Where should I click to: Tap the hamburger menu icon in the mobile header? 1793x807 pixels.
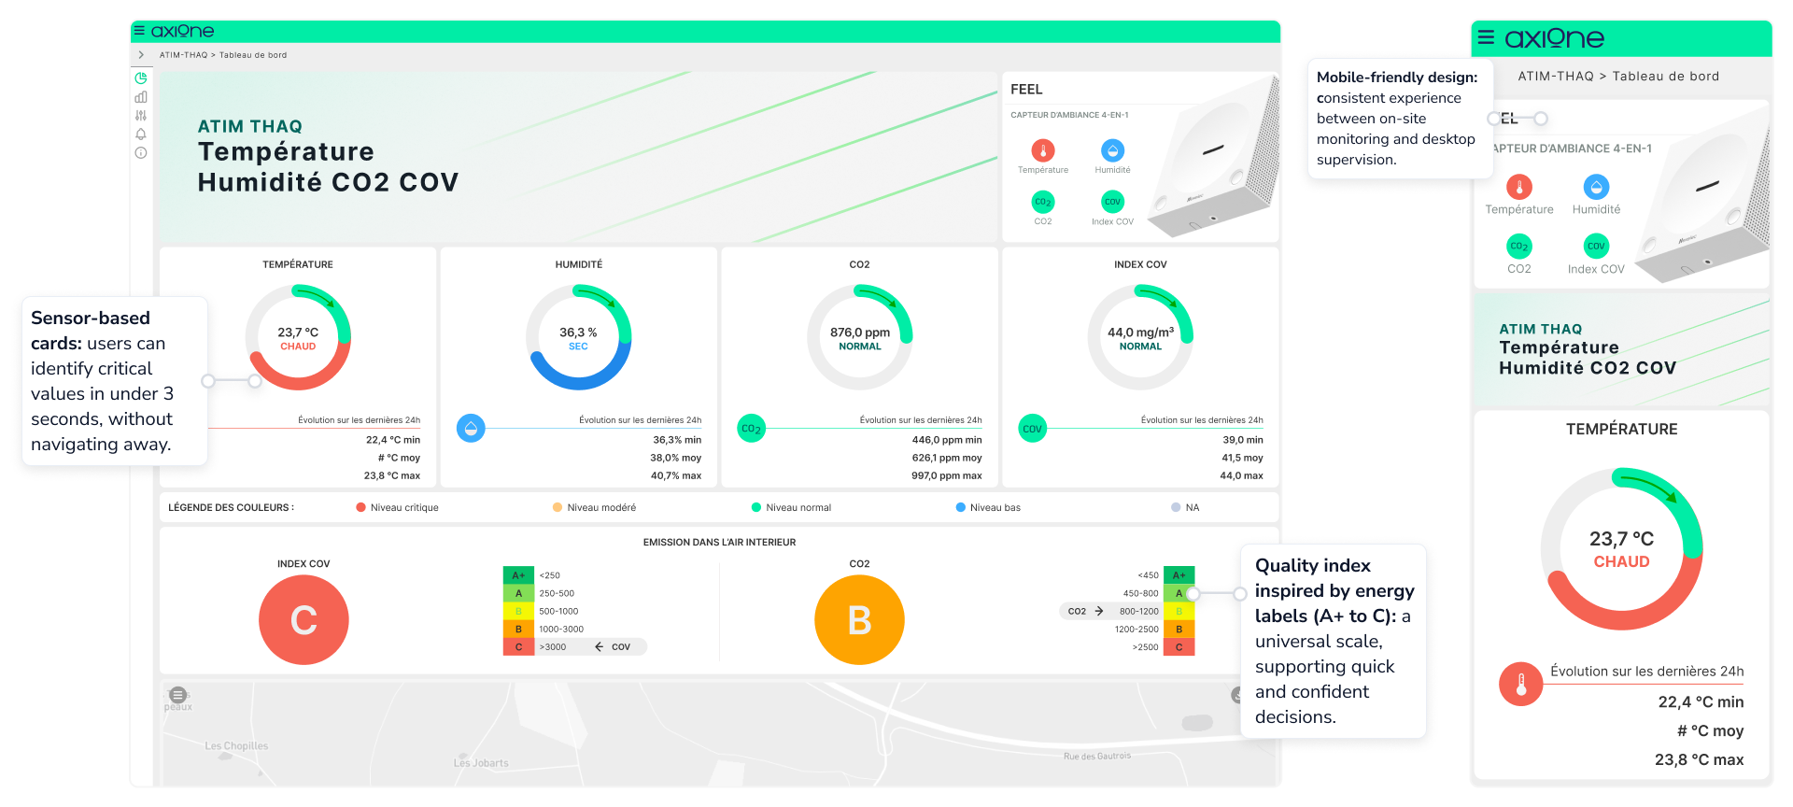tap(1486, 37)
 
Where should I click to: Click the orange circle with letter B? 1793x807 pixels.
tap(859, 620)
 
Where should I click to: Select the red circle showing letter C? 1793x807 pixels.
tap(304, 620)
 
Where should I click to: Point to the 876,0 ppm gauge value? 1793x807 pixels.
tap(859, 333)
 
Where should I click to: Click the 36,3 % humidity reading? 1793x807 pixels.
tap(578, 333)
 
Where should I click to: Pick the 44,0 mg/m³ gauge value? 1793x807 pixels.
tap(1140, 333)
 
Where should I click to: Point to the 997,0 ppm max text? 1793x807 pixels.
tap(946, 476)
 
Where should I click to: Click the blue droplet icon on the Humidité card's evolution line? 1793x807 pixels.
tap(471, 429)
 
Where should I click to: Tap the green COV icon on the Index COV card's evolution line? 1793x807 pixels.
tap(1032, 429)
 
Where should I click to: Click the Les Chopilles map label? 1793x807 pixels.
tap(236, 746)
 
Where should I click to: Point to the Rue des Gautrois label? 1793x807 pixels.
tap(1096, 757)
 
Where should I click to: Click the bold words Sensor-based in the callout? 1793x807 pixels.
tap(91, 319)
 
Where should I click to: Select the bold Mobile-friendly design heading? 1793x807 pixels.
tap(1397, 78)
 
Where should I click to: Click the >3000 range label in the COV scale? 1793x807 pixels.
tap(552, 647)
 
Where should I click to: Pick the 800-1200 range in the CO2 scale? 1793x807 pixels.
tap(1138, 612)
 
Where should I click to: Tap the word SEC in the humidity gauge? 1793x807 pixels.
tap(578, 347)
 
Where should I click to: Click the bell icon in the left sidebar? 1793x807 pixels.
tap(141, 134)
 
